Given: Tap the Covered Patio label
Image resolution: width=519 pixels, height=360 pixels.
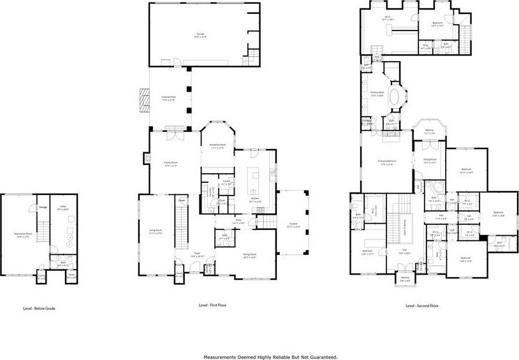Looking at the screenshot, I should click(x=168, y=98).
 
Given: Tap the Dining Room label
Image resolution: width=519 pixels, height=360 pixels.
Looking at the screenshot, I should click(x=249, y=256).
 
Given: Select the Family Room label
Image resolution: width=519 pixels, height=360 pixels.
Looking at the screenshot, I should click(x=171, y=164).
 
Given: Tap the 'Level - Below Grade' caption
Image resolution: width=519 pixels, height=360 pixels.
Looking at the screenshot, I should click(x=40, y=308).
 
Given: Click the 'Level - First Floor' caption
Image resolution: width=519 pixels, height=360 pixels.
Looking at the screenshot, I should click(x=213, y=305).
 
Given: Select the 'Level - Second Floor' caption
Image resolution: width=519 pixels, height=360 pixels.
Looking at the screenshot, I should click(x=422, y=306).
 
